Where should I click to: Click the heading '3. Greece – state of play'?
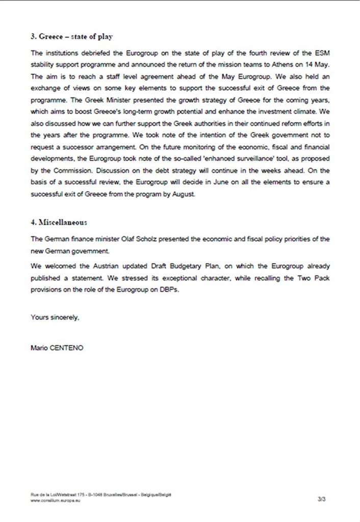pos(72,37)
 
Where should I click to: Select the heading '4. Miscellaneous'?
pos(59,223)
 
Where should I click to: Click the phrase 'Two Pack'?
pos(303,278)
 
